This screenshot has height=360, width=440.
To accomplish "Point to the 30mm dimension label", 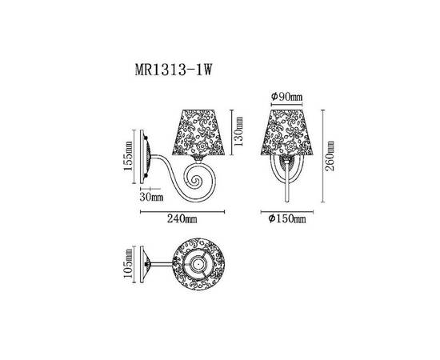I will coord(151,196).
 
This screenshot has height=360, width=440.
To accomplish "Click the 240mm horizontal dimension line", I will coord(178,212).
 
